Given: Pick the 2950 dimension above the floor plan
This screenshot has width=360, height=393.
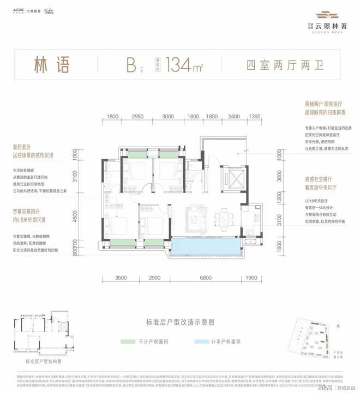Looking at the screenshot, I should (138, 117).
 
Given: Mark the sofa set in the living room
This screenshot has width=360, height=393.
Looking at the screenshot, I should (194, 214).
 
